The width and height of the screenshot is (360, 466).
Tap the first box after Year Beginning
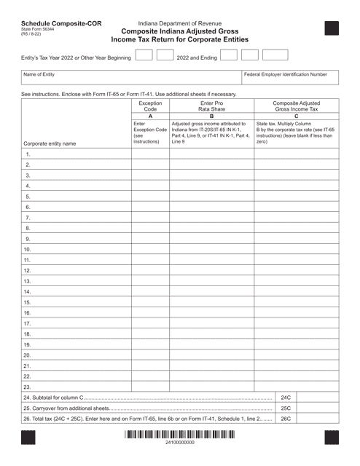point(144,55)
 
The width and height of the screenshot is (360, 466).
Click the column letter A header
point(150,116)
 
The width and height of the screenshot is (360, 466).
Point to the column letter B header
point(211,116)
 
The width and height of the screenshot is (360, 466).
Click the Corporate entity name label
point(50,143)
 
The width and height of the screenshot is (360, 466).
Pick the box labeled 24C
point(286,398)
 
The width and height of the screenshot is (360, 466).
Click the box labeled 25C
point(286,409)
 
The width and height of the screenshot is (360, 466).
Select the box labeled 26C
point(286,420)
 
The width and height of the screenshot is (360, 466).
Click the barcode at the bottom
point(179,443)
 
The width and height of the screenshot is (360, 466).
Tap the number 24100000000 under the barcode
point(179,454)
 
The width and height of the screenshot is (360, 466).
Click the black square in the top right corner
point(332,29)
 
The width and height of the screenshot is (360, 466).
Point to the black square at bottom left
point(28,443)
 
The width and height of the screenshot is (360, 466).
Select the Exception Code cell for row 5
point(150,197)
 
